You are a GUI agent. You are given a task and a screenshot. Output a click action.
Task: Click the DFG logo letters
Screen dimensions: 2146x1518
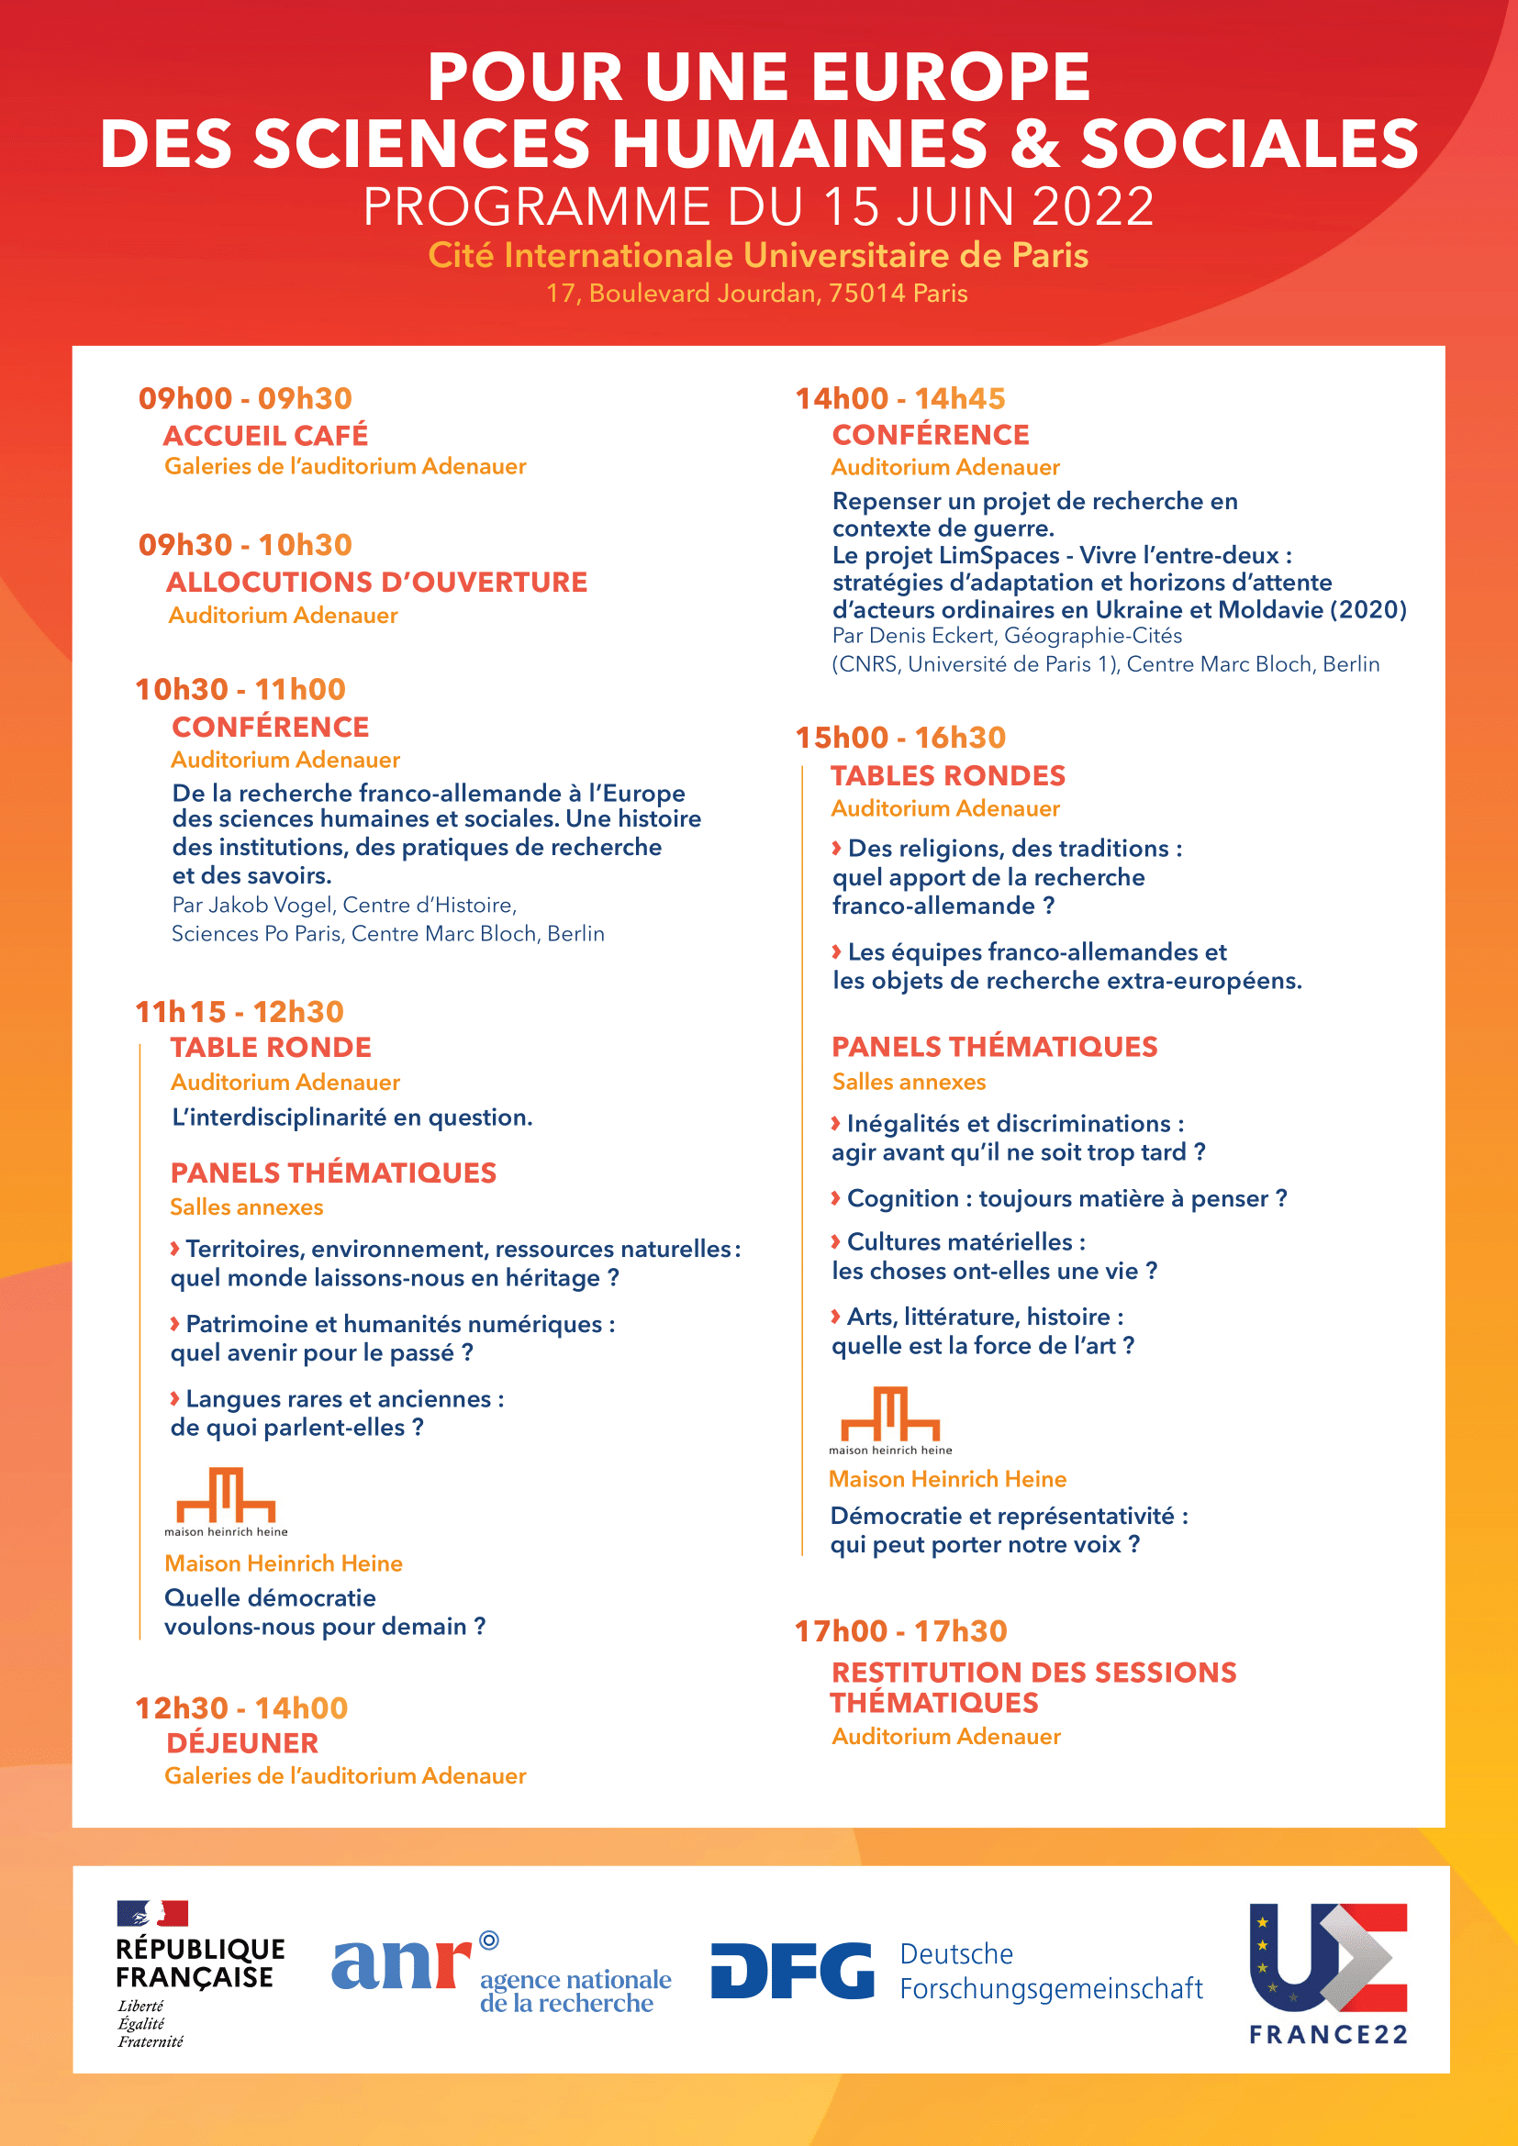pyautogui.click(x=792, y=1970)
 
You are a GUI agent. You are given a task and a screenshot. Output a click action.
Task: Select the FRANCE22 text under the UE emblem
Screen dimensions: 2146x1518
pyautogui.click(x=1328, y=2035)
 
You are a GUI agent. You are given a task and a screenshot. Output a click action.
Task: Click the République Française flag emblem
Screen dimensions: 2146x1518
pyautogui.click(x=152, y=1913)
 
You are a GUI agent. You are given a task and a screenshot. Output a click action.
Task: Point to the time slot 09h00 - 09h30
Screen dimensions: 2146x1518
pyautogui.click(x=245, y=398)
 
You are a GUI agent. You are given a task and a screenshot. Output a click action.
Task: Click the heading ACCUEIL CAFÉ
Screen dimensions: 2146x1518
pyautogui.click(x=265, y=435)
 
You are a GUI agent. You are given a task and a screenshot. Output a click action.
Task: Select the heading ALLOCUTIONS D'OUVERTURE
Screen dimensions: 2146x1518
pyautogui.click(x=376, y=582)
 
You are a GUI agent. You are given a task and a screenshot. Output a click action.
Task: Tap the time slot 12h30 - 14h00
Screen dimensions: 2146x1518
pyautogui.click(x=241, y=1707)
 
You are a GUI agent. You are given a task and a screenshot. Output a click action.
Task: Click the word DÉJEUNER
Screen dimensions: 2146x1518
pyautogui.click(x=242, y=1742)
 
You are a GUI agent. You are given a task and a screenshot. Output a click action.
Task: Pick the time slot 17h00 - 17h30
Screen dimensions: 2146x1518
pyautogui.click(x=900, y=1631)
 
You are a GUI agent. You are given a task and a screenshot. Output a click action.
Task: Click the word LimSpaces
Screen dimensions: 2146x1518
pyautogui.click(x=999, y=555)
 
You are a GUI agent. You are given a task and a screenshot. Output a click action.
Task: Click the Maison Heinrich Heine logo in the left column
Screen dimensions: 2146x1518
pyautogui.click(x=226, y=1499)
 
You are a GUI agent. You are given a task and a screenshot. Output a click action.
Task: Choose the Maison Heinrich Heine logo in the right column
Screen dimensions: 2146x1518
pyautogui.click(x=890, y=1418)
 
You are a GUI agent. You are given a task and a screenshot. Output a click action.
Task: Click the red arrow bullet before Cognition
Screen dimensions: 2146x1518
pyautogui.click(x=836, y=1198)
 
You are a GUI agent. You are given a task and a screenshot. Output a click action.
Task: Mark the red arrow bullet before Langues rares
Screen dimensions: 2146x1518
pyautogui.click(x=174, y=1398)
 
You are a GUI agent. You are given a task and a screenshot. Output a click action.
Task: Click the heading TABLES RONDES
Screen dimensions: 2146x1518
pyautogui.click(x=948, y=775)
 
